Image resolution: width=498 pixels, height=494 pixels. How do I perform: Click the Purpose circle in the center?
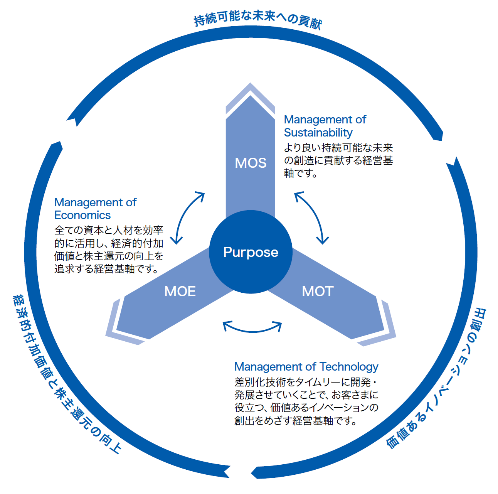pyautogui.click(x=251, y=252)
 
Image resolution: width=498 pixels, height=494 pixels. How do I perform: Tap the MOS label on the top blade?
pyautogui.click(x=251, y=163)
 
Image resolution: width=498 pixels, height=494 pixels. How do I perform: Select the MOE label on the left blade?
pyautogui.click(x=180, y=291)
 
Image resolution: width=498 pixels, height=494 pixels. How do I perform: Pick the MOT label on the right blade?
pyautogui.click(x=318, y=291)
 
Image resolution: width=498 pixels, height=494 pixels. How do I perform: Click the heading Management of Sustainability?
pyautogui.click(x=325, y=126)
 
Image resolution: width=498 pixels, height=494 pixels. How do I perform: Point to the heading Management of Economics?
pyautogui.click(x=95, y=209)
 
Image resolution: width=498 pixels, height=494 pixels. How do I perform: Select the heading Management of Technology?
pyautogui.click(x=306, y=366)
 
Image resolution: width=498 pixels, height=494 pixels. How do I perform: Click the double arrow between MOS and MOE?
pyautogui.click(x=189, y=217)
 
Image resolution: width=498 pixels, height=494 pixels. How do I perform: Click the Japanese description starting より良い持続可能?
pyautogui.click(x=338, y=160)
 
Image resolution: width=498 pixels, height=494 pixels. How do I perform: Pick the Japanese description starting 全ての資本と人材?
pyautogui.click(x=109, y=250)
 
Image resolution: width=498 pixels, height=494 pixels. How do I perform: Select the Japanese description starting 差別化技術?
pyautogui.click(x=306, y=401)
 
